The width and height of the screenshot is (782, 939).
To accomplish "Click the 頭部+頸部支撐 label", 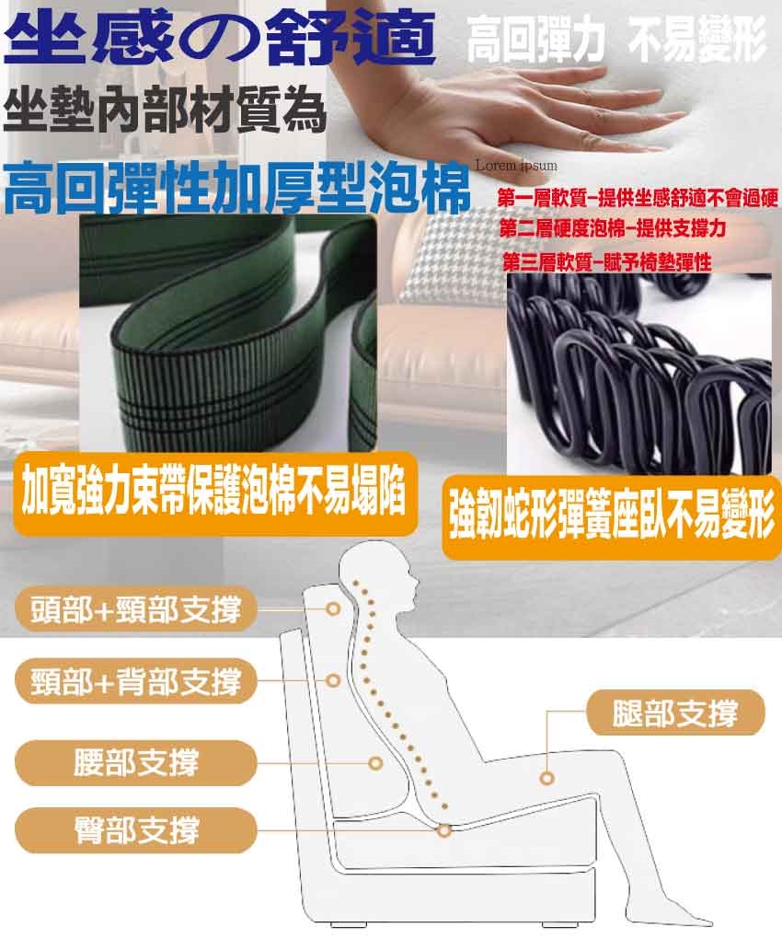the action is tap(136, 609).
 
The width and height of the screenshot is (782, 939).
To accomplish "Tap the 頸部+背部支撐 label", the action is tap(136, 681).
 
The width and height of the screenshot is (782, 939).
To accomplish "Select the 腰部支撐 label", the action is tap(136, 763).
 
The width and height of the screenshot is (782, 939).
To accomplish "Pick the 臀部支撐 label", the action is tap(136, 830).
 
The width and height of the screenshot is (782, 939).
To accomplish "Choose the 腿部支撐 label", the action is tap(675, 713).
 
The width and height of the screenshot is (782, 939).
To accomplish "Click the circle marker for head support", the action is tap(334, 609).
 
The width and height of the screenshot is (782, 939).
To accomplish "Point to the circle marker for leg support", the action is tap(546, 779).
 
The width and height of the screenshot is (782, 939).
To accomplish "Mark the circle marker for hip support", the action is tap(444, 830).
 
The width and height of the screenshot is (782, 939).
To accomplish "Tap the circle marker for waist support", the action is tap(375, 763).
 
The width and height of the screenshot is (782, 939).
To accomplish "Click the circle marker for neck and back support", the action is tap(334, 681).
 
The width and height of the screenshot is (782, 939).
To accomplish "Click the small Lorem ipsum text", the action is tap(516, 166).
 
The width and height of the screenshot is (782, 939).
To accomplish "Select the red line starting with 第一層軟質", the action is tap(638, 198).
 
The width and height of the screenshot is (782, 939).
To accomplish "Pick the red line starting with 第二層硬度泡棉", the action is tap(613, 228).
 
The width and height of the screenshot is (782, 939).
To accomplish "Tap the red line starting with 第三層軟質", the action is tap(607, 261).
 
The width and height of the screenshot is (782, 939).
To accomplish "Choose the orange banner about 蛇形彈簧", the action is tap(612, 517).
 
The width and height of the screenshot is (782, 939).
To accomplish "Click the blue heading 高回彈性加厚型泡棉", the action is tap(236, 186).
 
